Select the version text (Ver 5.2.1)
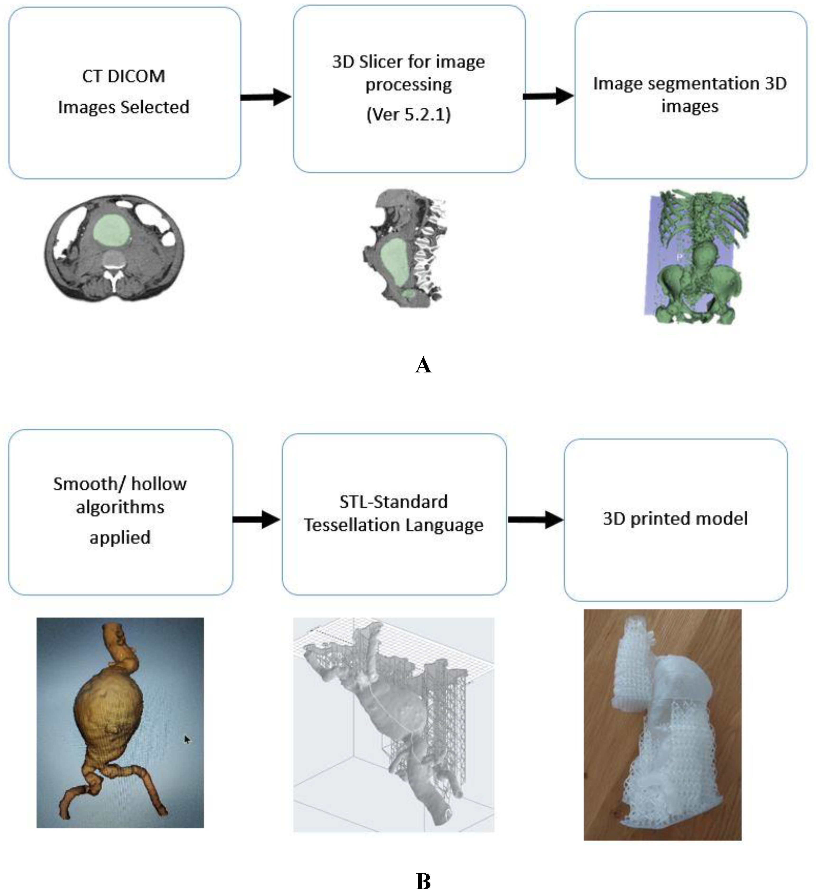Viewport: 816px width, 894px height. point(408,115)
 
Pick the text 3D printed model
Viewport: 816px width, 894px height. point(675,518)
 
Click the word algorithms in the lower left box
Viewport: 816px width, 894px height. point(120,507)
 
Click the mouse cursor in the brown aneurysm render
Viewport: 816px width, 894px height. point(187,739)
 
